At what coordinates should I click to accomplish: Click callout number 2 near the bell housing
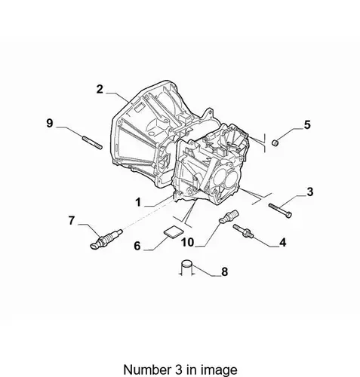100,89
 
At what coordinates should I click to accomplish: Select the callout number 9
50,123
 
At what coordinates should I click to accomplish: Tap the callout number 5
307,124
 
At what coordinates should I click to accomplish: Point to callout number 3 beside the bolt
310,192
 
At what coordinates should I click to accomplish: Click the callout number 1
138,202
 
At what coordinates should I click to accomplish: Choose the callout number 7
72,221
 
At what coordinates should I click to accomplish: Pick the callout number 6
137,246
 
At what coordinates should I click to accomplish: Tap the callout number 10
188,243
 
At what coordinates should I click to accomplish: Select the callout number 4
283,243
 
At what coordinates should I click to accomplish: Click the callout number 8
224,271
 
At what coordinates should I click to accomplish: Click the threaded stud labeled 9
92,143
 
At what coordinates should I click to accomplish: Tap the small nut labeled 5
275,143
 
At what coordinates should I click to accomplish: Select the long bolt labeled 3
280,210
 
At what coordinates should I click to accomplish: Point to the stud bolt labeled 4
243,231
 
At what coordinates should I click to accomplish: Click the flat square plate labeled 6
173,232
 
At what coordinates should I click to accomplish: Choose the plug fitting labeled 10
229,216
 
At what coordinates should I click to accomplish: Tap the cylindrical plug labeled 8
187,268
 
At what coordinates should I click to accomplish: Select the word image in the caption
223,370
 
